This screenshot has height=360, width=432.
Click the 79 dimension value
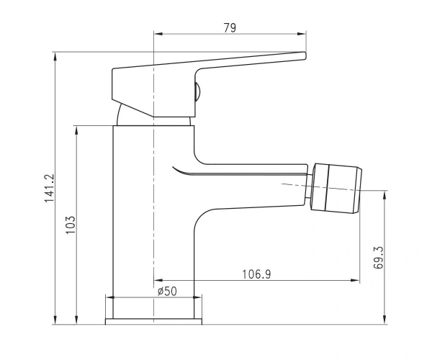tap(230, 28)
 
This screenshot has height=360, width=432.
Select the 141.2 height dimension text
tap(50, 189)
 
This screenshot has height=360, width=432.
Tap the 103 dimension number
tap(71, 225)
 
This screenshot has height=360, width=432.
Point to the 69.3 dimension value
tap(379, 258)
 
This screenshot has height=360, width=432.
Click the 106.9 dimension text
tap(256, 274)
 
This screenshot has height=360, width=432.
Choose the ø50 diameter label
tap(167, 291)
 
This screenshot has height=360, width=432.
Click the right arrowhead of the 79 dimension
tap(302, 34)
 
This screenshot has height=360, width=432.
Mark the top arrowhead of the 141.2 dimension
tap(55, 56)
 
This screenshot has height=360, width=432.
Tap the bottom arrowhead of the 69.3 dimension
tap(384, 320)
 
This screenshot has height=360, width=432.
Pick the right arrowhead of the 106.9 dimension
tap(356, 280)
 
